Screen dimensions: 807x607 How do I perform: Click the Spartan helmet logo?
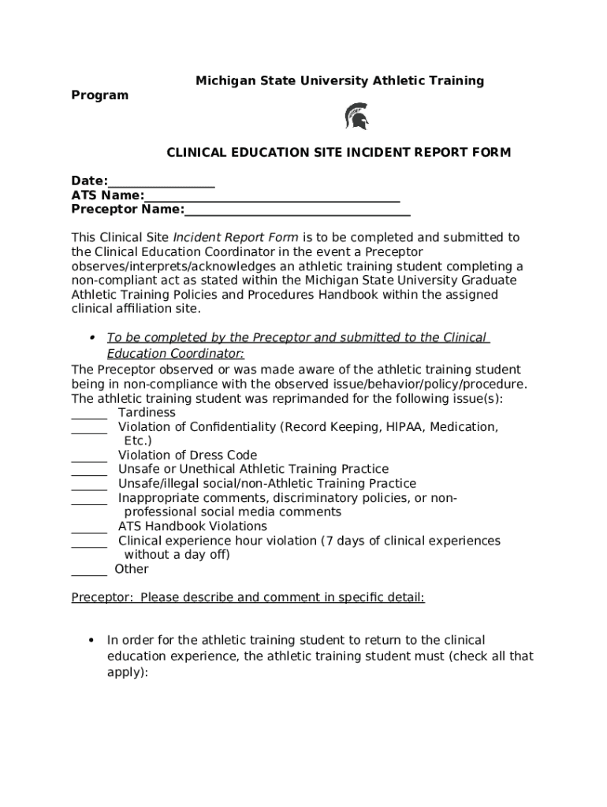click(x=356, y=117)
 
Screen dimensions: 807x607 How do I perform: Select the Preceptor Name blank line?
click(x=297, y=213)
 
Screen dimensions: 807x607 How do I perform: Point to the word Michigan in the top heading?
click(x=224, y=81)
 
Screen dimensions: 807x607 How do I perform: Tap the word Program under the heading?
click(x=99, y=95)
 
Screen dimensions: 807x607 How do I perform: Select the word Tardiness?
click(x=147, y=412)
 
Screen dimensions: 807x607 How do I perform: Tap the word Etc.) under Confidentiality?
click(x=138, y=441)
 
